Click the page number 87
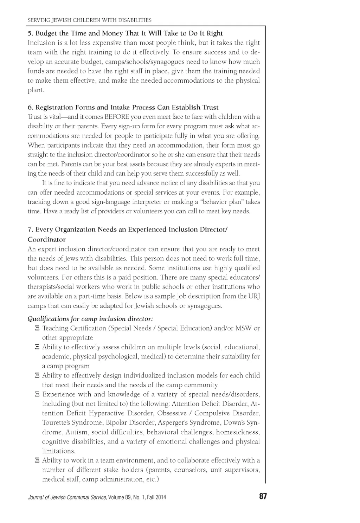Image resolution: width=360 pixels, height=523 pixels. click(x=263, y=497)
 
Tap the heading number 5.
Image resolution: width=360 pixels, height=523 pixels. click(x=30, y=33)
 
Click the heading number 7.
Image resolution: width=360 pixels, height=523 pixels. click(x=30, y=230)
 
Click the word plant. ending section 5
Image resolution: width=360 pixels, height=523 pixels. click(x=36, y=90)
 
